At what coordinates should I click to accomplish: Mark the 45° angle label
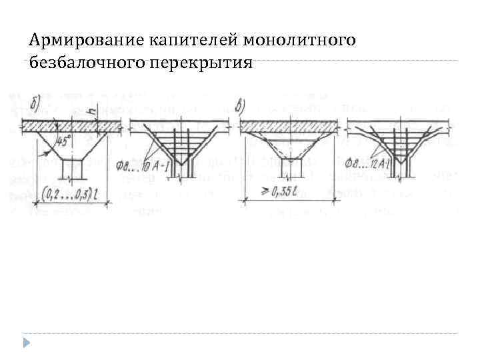pyautogui.click(x=66, y=141)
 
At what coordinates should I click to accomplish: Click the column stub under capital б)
pyautogui.click(x=71, y=169)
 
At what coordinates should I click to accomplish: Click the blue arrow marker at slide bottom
pyautogui.click(x=25, y=343)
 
